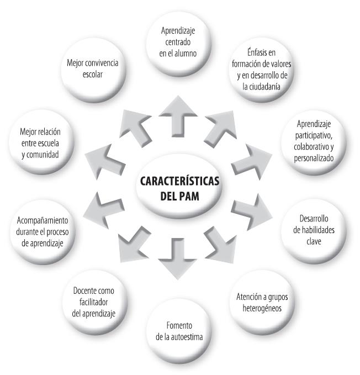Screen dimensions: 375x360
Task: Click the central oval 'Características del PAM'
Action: (x=179, y=188)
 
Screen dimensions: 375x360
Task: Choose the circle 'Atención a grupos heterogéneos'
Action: (x=261, y=302)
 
